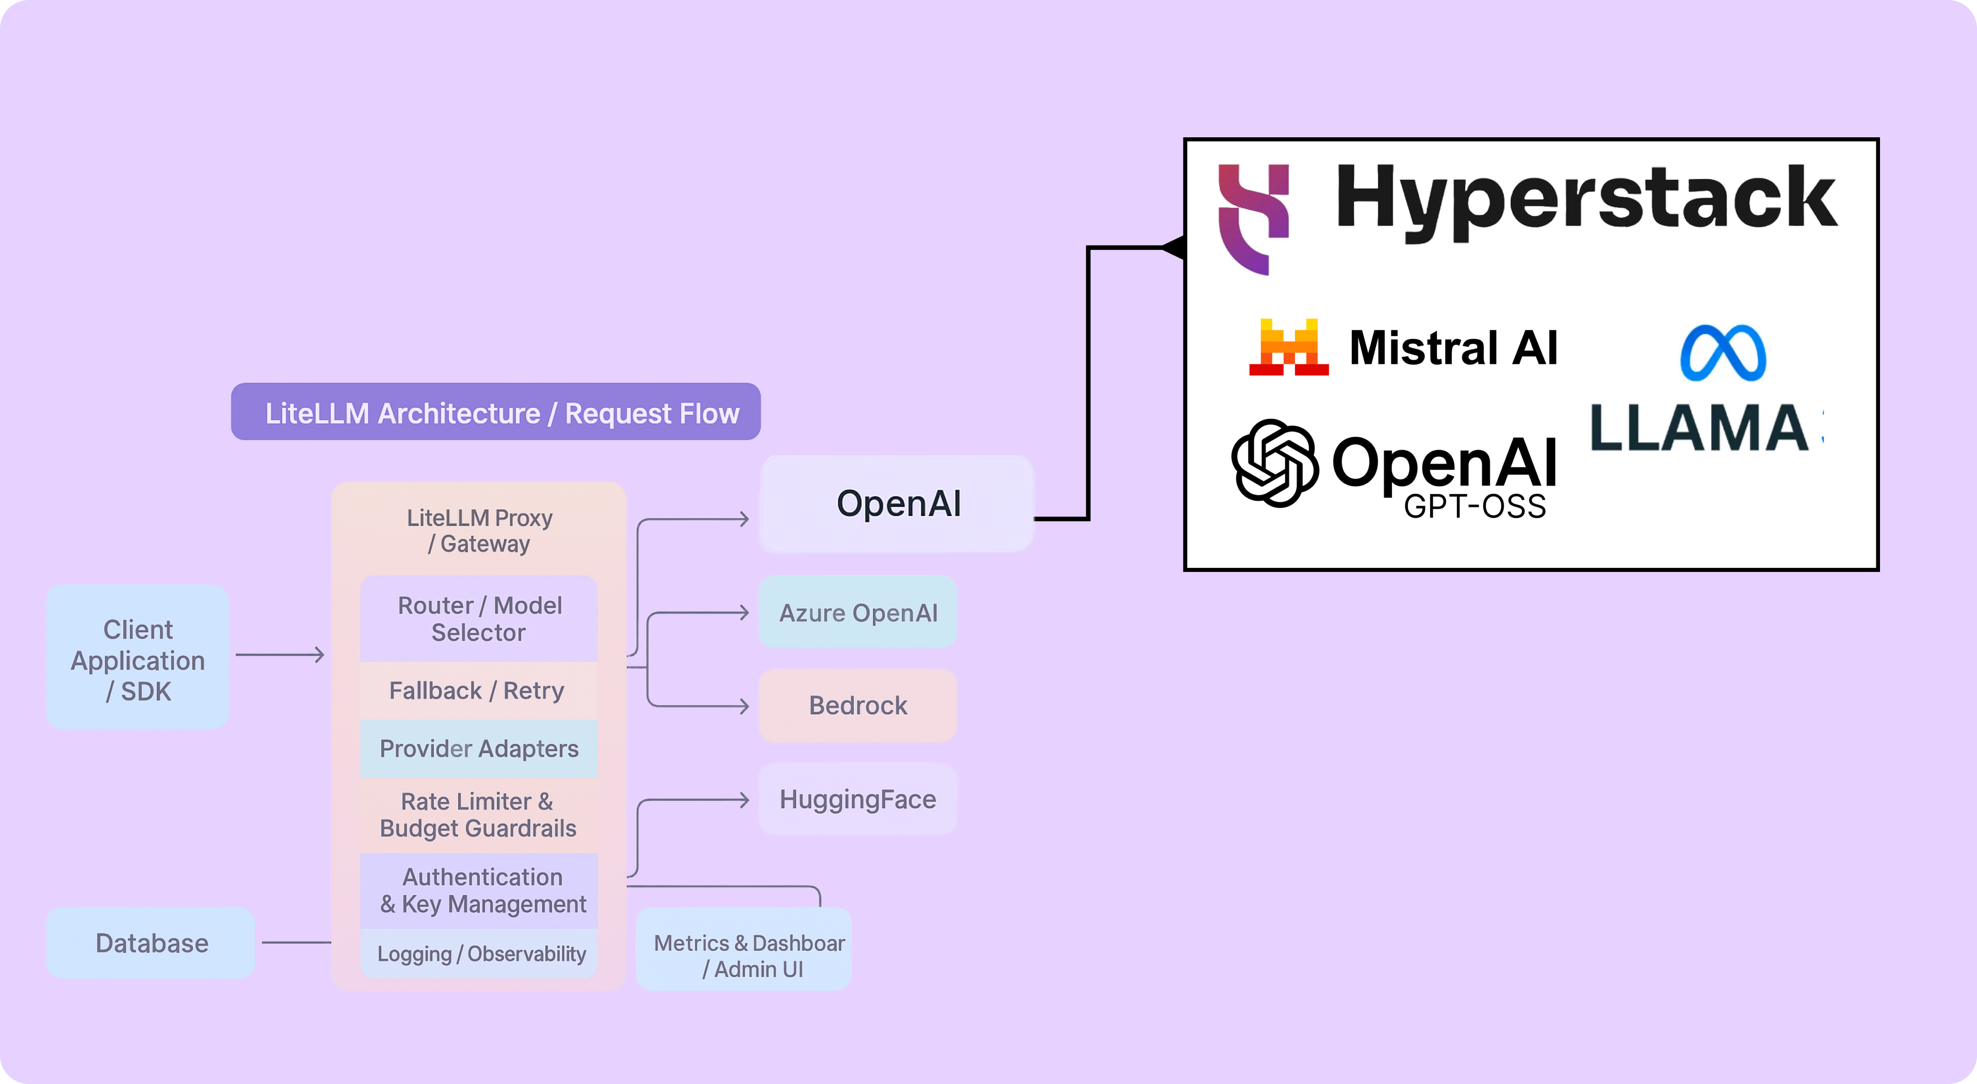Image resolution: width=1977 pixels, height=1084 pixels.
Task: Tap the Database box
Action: click(x=151, y=943)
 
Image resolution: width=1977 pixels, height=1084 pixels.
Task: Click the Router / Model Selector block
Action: click(x=479, y=619)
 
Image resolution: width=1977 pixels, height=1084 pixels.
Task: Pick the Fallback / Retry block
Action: click(x=477, y=690)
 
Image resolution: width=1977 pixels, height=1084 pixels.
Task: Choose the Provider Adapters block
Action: click(x=479, y=748)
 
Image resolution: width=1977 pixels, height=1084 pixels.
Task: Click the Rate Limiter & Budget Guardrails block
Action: click(x=477, y=815)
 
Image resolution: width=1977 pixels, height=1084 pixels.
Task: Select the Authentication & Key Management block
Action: click(x=482, y=890)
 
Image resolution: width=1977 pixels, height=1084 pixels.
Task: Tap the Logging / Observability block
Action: click(x=481, y=953)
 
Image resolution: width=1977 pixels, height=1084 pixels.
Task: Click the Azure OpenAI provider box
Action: click(x=857, y=613)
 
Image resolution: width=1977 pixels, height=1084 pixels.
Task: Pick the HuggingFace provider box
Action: click(x=857, y=799)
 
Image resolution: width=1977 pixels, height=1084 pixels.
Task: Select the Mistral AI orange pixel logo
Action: click(x=1289, y=348)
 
